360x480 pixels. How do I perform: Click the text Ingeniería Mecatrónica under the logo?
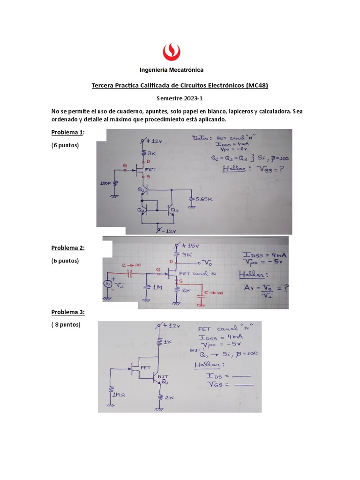pos(172,70)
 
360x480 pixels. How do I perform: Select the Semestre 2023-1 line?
pos(180,99)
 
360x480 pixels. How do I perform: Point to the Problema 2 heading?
pos(68,248)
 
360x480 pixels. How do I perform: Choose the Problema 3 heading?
pos(68,312)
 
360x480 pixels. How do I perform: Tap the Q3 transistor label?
pos(174,210)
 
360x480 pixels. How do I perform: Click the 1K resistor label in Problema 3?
pos(166,342)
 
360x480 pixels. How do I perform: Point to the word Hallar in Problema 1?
pos(235,168)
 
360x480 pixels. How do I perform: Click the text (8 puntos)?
pos(66,324)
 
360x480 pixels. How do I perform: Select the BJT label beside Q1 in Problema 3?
pos(163,376)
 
